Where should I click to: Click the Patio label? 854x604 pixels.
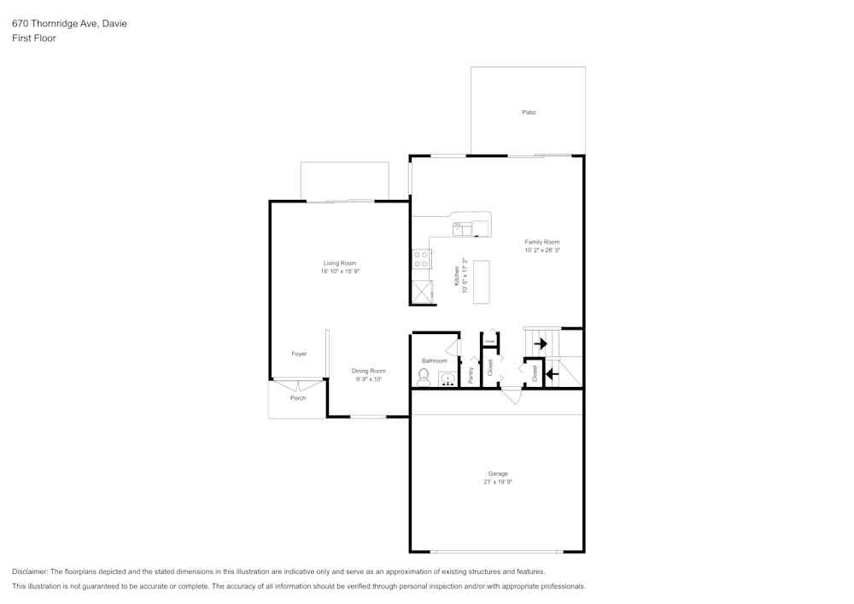(529, 113)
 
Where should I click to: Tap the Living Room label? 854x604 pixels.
(340, 263)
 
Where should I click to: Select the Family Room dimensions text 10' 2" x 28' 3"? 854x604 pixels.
(542, 251)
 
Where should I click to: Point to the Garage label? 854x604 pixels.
(498, 473)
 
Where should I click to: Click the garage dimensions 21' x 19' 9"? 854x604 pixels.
(498, 482)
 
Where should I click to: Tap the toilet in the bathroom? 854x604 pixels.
(424, 378)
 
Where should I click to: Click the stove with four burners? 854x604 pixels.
(421, 259)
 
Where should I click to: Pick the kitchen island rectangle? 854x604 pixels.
(482, 282)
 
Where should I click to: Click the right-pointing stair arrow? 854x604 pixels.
(540, 343)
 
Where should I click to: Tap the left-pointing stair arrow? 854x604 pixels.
(553, 373)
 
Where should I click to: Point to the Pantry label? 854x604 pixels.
(471, 374)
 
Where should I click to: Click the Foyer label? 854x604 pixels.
(299, 354)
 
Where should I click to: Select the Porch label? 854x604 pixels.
(298, 398)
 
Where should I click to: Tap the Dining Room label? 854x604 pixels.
(369, 371)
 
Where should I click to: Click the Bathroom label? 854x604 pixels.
(434, 361)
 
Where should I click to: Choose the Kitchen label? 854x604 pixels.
(457, 276)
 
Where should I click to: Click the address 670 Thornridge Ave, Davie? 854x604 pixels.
(69, 24)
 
